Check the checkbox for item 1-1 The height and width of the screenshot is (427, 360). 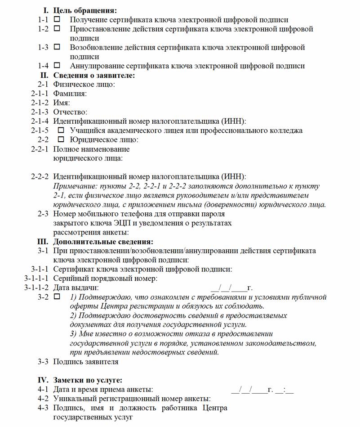coord(57,19)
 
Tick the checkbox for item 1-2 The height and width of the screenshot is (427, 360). coord(57,28)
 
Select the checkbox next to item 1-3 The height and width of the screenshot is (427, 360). coord(57,47)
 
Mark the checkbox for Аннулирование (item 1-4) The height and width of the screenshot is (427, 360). coord(57,65)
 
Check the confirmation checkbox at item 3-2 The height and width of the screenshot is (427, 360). coord(57,297)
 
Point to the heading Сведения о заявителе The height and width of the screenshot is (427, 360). coord(94,75)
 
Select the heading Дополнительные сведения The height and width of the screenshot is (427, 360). coord(103,242)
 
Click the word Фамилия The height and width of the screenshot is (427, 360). coord(70,94)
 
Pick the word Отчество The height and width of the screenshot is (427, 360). coord(70,112)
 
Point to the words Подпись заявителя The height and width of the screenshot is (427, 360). coord(86,361)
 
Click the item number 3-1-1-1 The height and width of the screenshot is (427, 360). coord(36,279)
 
